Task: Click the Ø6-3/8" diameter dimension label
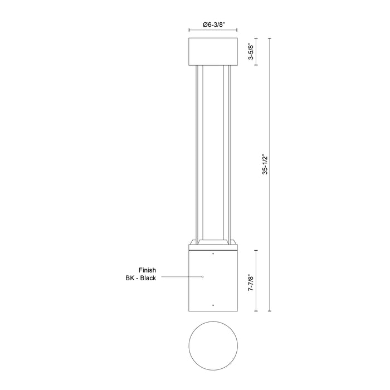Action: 213,25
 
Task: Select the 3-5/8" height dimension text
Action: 250,52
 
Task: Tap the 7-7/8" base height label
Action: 251,282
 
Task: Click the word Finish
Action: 147,270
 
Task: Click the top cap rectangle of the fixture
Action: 213,52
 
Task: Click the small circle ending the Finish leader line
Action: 203,277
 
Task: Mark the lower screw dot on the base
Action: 213,305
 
